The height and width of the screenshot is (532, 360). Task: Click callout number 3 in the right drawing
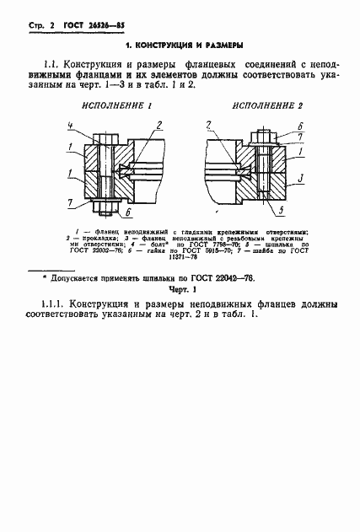(301, 179)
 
